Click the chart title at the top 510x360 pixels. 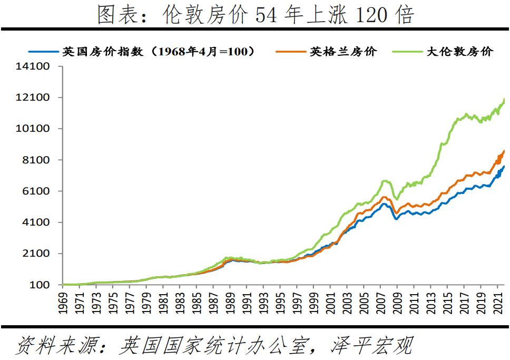coord(255,15)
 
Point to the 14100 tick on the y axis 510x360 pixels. coord(35,66)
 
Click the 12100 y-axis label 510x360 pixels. coord(35,98)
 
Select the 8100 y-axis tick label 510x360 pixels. coord(38,160)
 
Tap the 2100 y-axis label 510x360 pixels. coord(38,254)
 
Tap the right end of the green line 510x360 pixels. coord(504,99)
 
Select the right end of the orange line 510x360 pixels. coord(504,151)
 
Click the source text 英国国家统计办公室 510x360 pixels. coord(211,346)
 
